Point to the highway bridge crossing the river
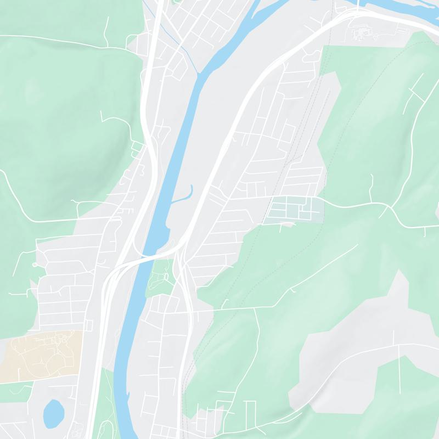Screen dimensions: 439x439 pyautogui.click(x=146, y=257)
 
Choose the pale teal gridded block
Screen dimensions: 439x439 pyautogui.click(x=294, y=209)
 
